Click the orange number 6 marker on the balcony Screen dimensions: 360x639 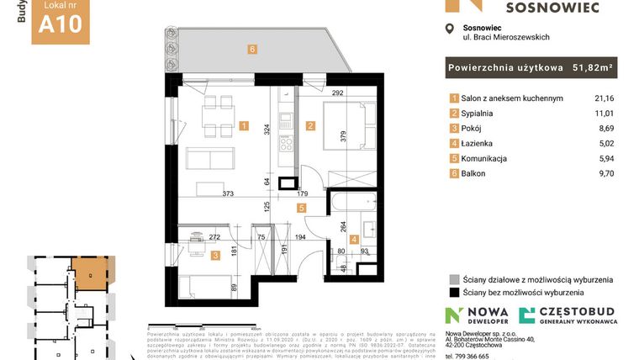tap(252, 49)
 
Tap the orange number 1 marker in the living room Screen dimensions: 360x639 tap(244, 127)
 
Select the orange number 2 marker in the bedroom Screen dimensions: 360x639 tap(310, 127)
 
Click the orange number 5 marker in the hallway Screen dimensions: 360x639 tap(300, 206)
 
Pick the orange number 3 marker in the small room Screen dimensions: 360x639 tap(215, 256)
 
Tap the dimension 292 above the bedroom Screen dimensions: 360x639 tap(338, 94)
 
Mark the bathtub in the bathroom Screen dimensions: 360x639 tap(356, 202)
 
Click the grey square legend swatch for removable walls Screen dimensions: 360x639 tap(454, 279)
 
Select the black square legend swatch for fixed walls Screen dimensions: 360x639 tap(454, 293)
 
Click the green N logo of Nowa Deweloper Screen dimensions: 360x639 tap(453, 317)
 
